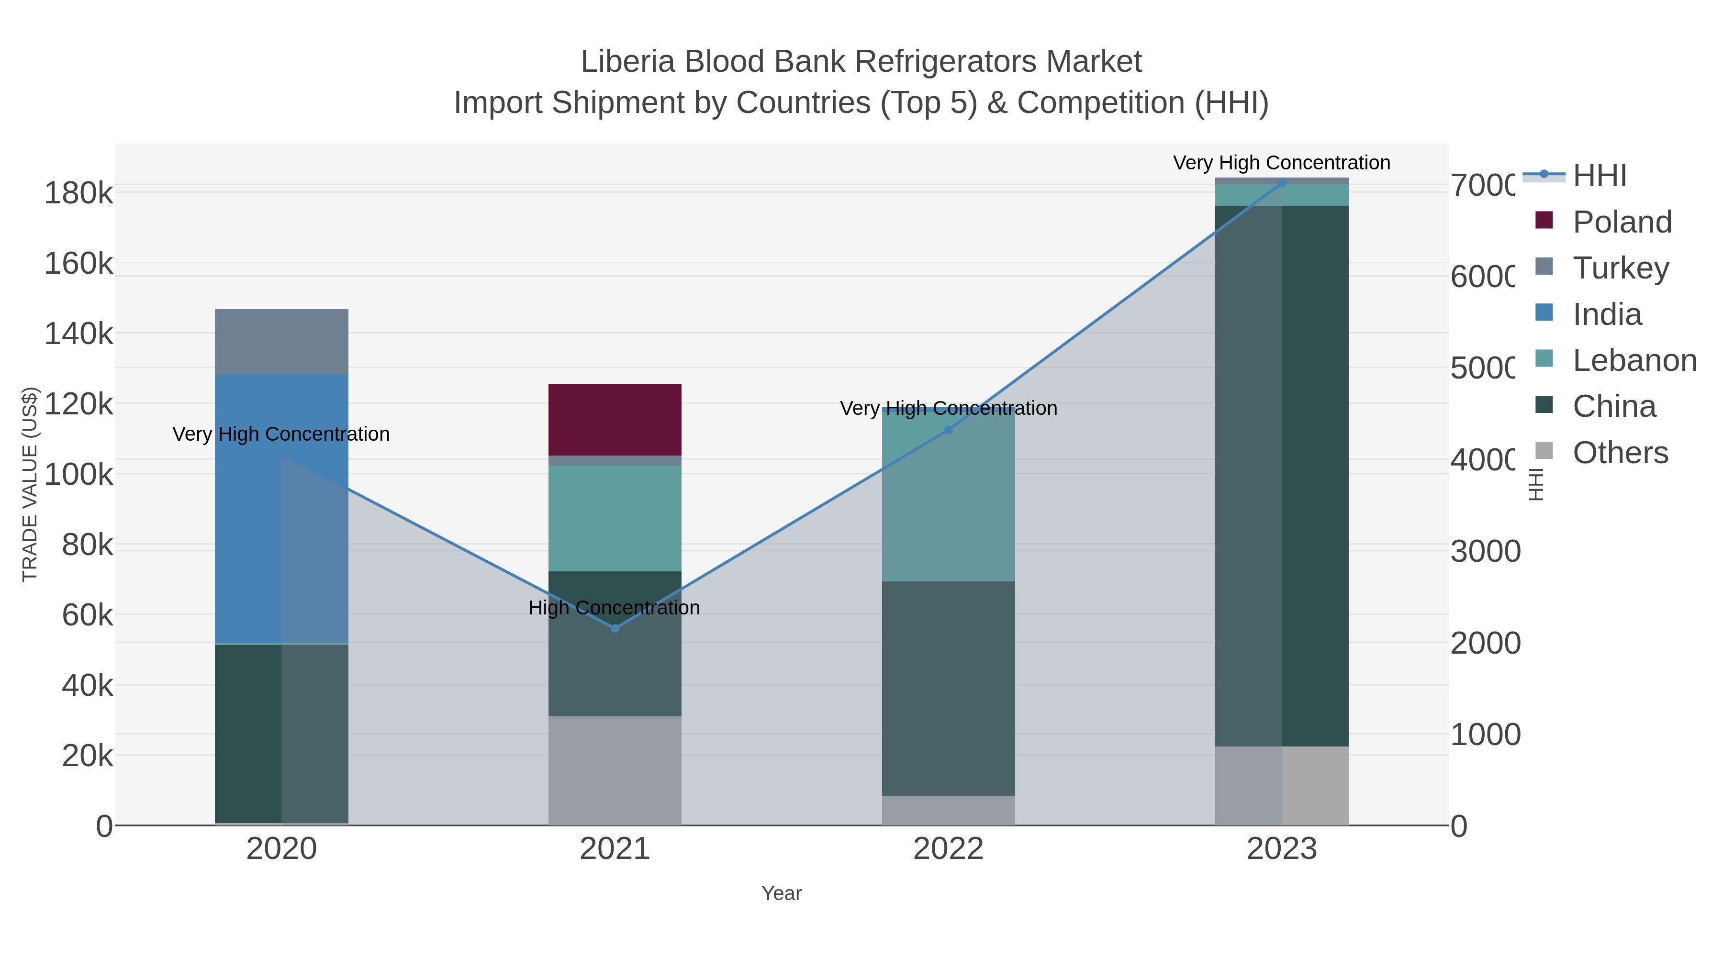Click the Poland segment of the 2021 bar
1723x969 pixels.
coord(615,419)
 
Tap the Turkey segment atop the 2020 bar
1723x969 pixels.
coord(281,341)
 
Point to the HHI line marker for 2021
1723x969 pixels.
coord(615,628)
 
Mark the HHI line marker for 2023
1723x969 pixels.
coord(1282,183)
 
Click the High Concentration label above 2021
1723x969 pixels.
coord(614,608)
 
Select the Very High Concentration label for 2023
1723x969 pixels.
coord(1282,163)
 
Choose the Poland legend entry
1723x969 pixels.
coord(1622,222)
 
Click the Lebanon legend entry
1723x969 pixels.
coord(1634,360)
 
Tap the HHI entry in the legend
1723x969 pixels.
coord(1599,176)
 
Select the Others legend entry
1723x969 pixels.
coord(1620,453)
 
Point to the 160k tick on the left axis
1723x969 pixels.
coord(78,264)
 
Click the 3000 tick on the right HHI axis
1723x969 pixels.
coord(1485,552)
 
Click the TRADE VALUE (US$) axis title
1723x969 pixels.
coord(30,484)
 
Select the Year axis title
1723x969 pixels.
coord(781,893)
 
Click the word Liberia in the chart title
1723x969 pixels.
coord(627,62)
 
